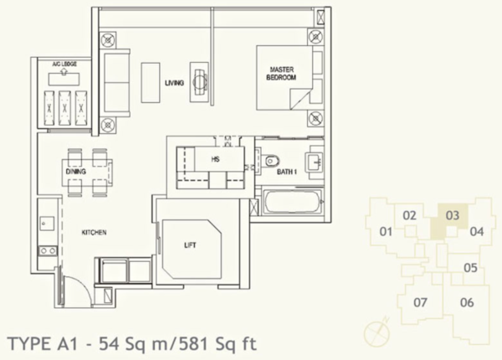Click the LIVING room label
coord(174,83)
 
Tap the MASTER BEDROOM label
coord(281,74)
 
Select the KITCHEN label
coord(94,233)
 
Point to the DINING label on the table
coord(76,172)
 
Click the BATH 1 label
coord(286,172)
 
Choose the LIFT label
coord(190,245)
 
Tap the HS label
coord(216,159)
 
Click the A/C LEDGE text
coord(64,64)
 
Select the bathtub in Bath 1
coord(292,203)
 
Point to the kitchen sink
coord(47,224)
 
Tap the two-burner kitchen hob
coord(48,250)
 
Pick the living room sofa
coord(115,83)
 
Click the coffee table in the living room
coord(151,83)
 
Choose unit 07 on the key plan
coord(420,302)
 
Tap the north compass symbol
coord(376,330)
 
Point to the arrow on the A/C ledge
coord(64,72)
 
